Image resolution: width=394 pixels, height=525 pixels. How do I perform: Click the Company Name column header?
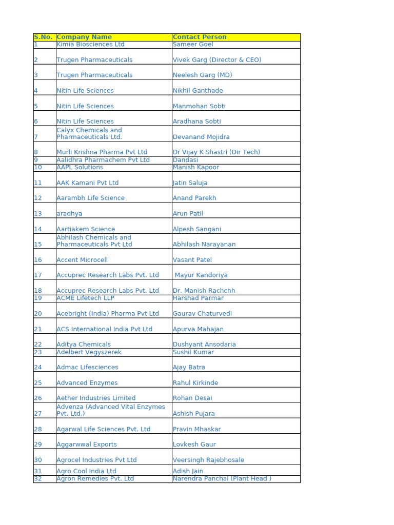(x=84, y=37)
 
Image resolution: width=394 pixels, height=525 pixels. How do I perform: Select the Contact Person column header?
(x=200, y=37)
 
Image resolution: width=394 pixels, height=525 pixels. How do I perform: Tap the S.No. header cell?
(x=43, y=37)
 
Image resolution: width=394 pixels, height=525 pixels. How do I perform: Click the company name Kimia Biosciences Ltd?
(x=90, y=45)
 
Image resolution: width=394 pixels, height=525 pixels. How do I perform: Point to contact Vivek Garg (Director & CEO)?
(x=217, y=60)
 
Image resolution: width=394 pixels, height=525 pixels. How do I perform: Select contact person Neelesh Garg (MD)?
(x=203, y=75)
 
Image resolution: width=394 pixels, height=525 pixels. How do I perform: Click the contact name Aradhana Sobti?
(x=197, y=122)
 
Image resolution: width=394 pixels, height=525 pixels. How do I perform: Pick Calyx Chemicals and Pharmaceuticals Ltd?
(x=89, y=133)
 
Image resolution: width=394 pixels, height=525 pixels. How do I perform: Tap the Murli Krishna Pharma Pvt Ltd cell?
(x=102, y=152)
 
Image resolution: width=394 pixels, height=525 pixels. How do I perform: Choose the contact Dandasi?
(x=186, y=160)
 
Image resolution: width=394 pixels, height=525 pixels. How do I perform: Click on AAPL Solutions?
(x=80, y=167)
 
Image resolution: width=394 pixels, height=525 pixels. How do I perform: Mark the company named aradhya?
(x=69, y=214)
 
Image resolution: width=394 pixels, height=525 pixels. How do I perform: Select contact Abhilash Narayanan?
(x=204, y=245)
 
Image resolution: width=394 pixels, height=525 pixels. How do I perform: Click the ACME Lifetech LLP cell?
(x=85, y=298)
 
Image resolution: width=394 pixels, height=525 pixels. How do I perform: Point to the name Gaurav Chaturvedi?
(x=202, y=314)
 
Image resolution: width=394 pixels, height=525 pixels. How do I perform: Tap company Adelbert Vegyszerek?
(x=89, y=352)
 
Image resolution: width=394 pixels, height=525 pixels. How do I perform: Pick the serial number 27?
(x=38, y=414)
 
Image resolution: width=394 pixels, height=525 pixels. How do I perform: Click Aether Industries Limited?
(x=96, y=398)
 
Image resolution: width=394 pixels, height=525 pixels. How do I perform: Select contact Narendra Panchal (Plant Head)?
(x=222, y=479)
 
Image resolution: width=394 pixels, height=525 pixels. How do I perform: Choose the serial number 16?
(x=38, y=260)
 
